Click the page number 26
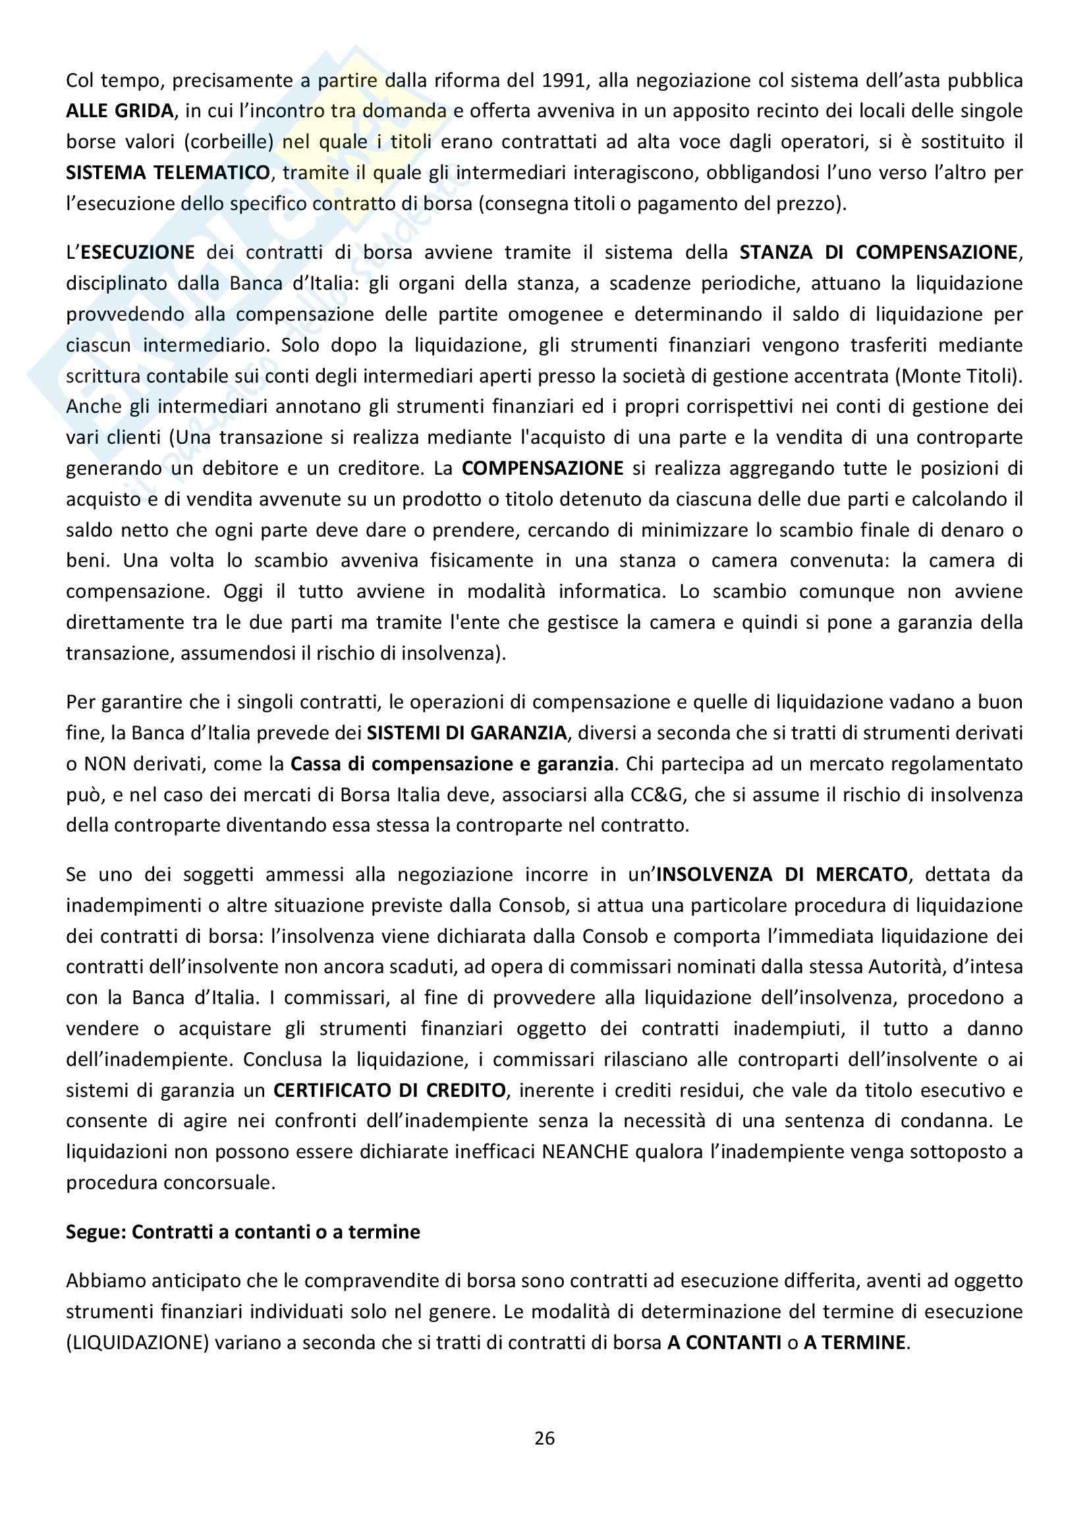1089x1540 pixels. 544,1438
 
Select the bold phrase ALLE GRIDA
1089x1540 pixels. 119,111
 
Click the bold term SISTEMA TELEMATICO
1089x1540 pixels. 168,173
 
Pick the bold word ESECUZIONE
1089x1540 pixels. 138,252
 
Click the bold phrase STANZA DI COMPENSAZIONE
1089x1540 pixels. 878,252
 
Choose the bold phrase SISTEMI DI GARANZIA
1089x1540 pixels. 467,732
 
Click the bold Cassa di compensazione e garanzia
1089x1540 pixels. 451,763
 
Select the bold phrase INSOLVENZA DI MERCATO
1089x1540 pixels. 782,874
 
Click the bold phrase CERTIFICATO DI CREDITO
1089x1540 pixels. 389,1090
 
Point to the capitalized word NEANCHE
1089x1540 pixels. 585,1152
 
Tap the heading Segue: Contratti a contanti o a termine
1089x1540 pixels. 243,1232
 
